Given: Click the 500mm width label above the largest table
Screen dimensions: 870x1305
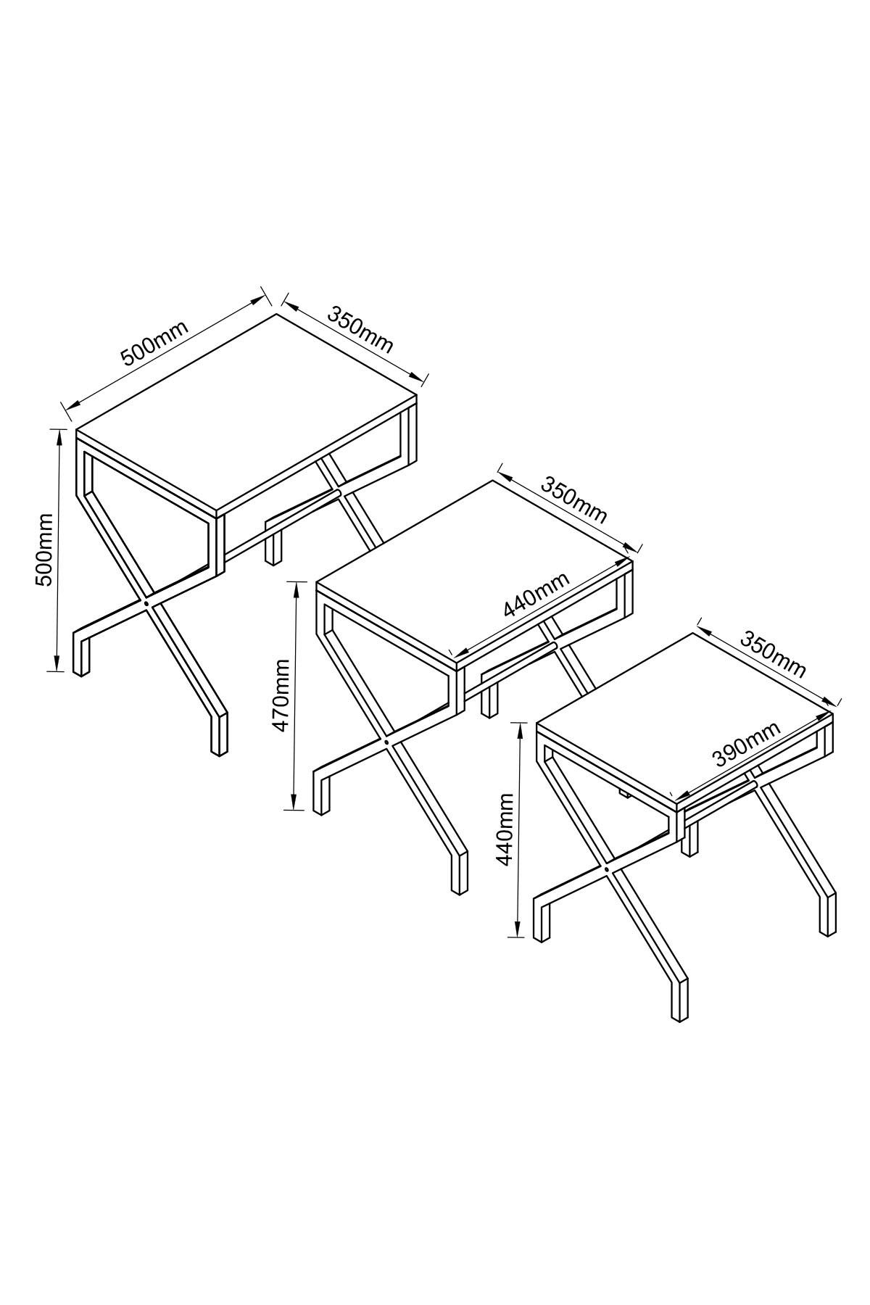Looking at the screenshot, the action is tap(154, 342).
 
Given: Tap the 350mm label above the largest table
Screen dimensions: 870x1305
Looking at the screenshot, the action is tap(360, 330).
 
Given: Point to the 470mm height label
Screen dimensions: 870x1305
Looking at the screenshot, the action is tap(281, 695).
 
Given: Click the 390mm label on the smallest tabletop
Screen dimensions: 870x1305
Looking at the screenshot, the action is tap(747, 745).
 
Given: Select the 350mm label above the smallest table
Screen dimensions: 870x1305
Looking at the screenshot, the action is tap(773, 654).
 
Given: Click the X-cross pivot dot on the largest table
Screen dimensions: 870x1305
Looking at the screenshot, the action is tap(146, 602).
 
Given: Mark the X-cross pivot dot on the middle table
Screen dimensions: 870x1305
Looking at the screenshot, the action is tap(386, 742).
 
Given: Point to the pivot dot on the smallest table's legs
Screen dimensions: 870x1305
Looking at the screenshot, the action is tap(606, 868).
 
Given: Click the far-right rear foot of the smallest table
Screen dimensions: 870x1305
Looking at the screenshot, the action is tap(827, 914).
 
